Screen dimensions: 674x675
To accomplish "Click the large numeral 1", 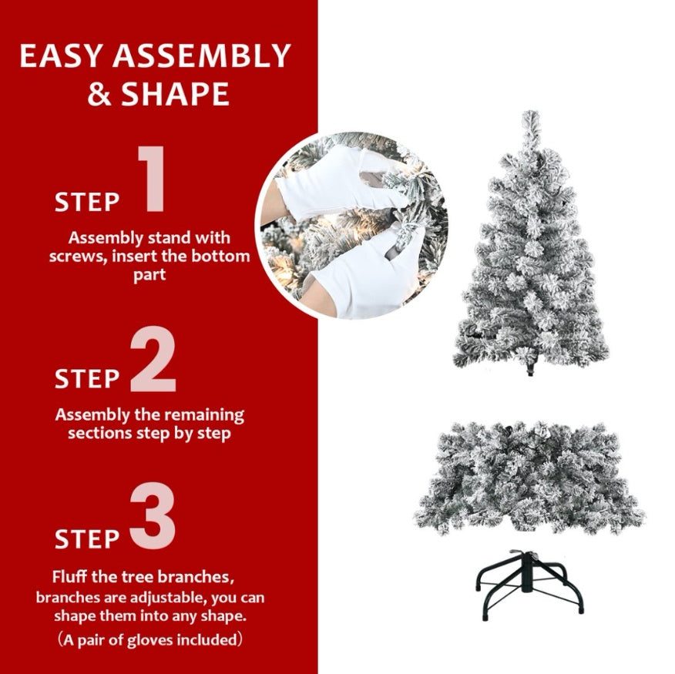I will click(x=153, y=179).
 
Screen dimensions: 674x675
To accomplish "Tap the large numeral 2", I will click(x=153, y=359).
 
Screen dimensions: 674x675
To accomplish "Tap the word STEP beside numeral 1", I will click(x=87, y=202).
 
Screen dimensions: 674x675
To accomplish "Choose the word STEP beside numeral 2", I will click(x=87, y=379).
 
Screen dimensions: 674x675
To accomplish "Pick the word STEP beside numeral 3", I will click(x=87, y=538).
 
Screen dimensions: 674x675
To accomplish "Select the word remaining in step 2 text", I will click(x=202, y=415).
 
